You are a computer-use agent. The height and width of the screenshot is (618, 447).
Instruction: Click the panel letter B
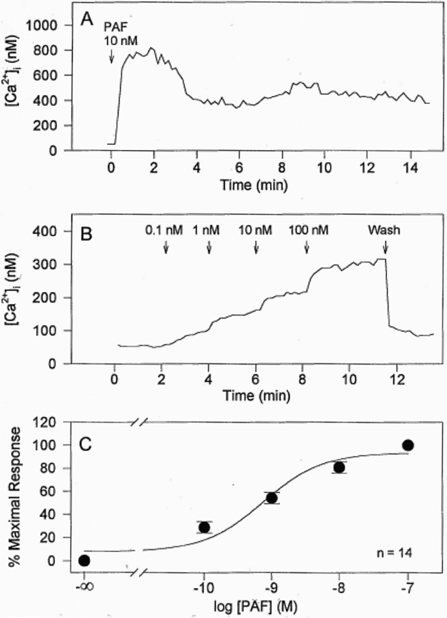click(86, 234)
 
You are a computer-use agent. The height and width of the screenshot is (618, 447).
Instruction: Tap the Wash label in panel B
click(384, 230)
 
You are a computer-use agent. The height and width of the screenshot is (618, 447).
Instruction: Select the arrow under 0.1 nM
click(166, 247)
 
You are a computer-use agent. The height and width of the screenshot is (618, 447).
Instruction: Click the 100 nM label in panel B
click(308, 230)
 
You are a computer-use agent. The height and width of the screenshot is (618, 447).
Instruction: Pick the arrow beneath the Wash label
click(385, 247)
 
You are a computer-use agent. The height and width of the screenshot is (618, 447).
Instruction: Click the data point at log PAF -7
click(408, 445)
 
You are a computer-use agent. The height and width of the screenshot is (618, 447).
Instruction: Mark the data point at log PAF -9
click(271, 498)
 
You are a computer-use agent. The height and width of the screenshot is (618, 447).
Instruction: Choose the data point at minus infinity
click(84, 560)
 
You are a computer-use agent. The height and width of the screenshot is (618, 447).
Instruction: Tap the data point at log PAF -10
click(204, 527)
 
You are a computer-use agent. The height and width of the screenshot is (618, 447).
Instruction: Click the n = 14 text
click(394, 553)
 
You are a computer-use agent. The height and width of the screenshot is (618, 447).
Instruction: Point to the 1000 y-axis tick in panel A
click(42, 26)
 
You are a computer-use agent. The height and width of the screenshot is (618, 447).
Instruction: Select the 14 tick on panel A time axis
click(410, 168)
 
